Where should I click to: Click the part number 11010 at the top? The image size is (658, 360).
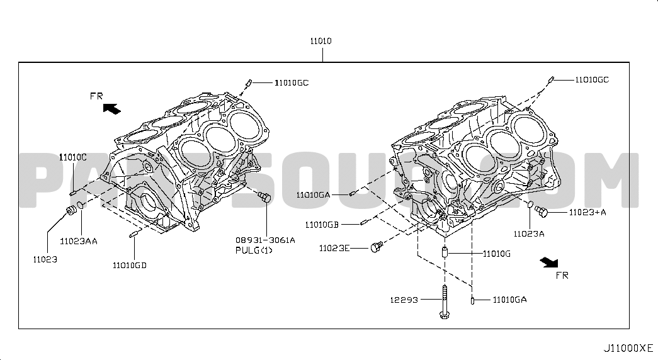click(x=320, y=41)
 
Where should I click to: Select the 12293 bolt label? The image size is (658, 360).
click(x=404, y=300)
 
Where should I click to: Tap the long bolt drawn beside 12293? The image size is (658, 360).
click(x=445, y=301)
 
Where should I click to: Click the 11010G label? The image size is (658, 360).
click(x=496, y=254)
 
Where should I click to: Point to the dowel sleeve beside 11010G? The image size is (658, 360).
click(x=445, y=253)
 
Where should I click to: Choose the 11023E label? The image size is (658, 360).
click(x=334, y=249)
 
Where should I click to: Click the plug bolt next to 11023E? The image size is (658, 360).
click(x=377, y=247)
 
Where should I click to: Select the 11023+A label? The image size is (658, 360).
click(x=587, y=212)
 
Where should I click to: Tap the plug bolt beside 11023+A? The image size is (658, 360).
click(x=542, y=211)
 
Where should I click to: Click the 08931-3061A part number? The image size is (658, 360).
click(x=265, y=240)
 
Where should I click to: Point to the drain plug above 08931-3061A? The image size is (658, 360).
click(x=264, y=197)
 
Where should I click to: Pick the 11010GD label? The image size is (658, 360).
click(x=130, y=266)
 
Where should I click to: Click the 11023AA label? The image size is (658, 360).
click(x=79, y=241)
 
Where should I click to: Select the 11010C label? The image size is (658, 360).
click(x=72, y=157)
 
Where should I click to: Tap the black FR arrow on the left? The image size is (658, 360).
click(x=112, y=109)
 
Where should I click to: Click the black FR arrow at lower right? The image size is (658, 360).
click(x=549, y=262)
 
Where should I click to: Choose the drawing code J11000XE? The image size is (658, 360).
click(x=628, y=348)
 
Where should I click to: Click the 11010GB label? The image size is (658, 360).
click(x=322, y=225)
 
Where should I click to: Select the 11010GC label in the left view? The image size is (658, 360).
click(x=292, y=83)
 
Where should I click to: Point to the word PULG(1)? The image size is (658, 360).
click(x=254, y=250)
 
